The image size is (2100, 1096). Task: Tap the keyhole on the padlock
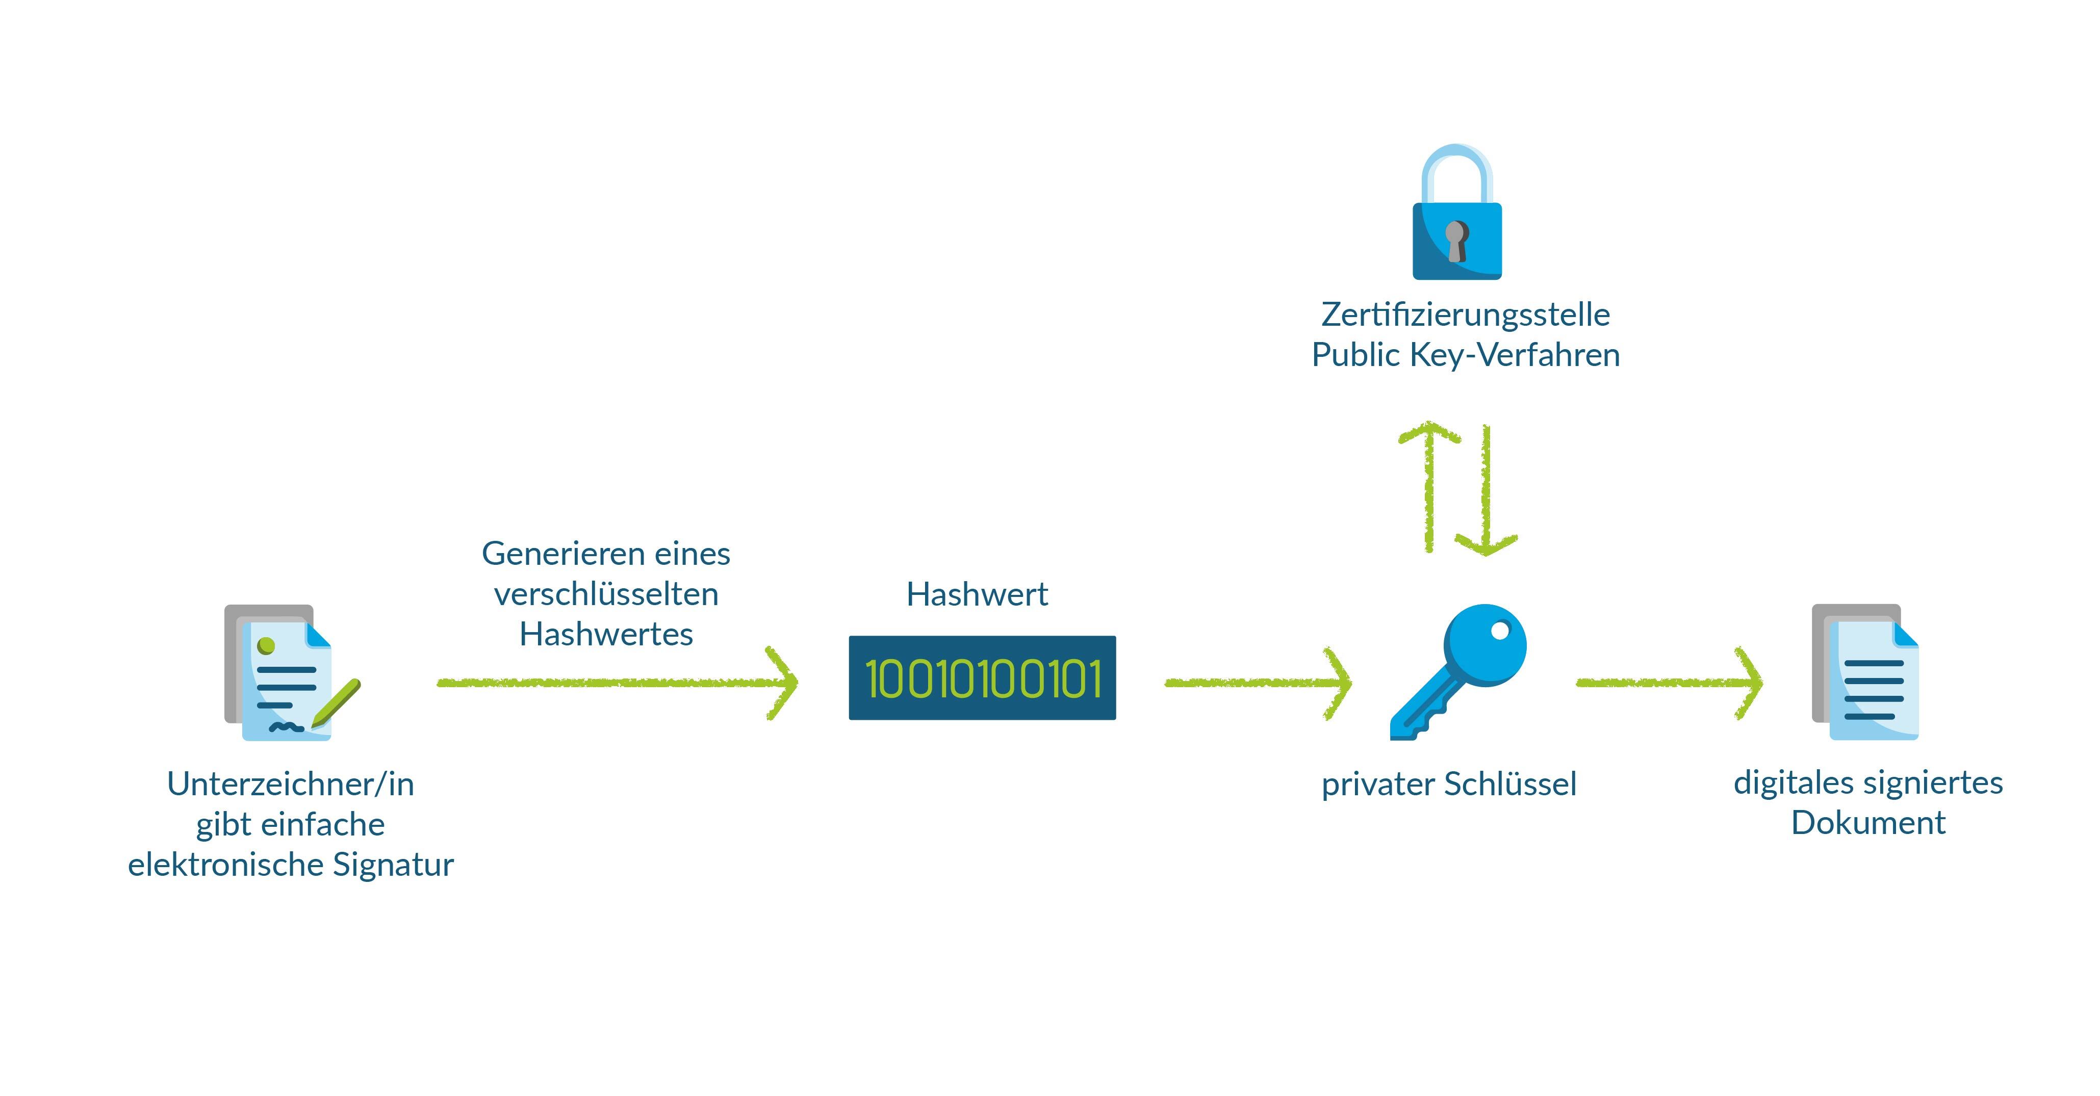(1456, 241)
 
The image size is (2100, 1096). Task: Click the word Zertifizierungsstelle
(1465, 315)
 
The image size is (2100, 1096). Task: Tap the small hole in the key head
(1500, 630)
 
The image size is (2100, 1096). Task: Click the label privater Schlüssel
(1449, 784)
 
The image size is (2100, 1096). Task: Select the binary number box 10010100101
(982, 678)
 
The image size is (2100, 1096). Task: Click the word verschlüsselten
(606, 594)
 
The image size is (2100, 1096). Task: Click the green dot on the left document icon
(266, 646)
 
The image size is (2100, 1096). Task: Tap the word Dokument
(1867, 822)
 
